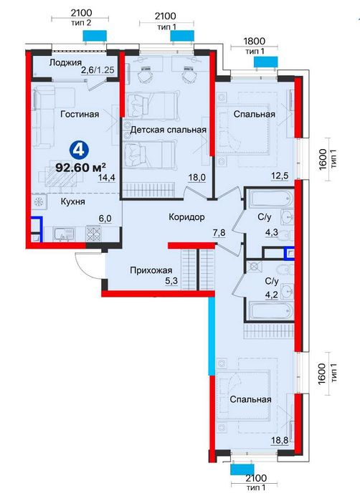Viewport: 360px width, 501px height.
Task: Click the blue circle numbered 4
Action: [79, 150]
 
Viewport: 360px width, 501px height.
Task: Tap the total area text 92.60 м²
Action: [81, 167]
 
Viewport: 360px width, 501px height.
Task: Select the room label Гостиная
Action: [80, 114]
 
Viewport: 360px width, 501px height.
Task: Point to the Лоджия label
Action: [65, 63]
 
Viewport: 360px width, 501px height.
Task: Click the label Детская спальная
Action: [169, 130]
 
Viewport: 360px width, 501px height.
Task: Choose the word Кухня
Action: [73, 201]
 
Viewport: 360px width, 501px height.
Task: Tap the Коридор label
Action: [186, 217]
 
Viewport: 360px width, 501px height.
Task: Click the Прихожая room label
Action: [151, 271]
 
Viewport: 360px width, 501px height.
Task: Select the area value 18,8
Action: [280, 441]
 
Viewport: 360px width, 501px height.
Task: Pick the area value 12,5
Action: [280, 175]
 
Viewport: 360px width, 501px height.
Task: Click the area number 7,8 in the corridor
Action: [219, 233]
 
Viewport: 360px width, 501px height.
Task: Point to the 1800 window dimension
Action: [254, 41]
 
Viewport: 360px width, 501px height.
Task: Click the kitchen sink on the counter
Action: [64, 234]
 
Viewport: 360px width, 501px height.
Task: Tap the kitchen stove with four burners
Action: [93, 234]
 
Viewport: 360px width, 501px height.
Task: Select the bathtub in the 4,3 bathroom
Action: [272, 199]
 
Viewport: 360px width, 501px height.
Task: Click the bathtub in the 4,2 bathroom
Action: [272, 310]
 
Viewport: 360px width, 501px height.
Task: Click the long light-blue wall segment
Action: [212, 336]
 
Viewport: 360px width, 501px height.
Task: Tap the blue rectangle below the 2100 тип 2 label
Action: [95, 35]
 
